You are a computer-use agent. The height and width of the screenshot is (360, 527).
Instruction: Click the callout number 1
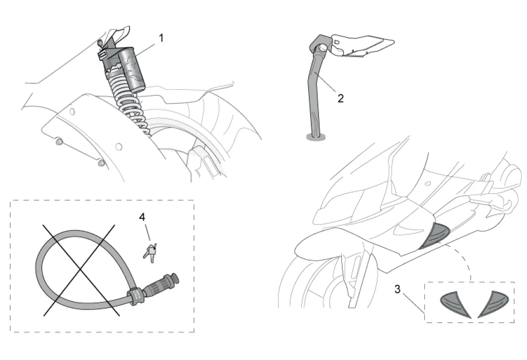(161, 38)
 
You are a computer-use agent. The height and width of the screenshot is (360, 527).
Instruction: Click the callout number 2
(341, 98)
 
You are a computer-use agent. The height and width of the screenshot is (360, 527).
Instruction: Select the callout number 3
(398, 289)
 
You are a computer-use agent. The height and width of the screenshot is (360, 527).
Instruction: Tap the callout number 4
(142, 217)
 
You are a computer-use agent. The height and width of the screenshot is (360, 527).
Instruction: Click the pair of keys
(150, 252)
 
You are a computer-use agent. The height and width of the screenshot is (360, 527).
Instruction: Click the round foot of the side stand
(315, 136)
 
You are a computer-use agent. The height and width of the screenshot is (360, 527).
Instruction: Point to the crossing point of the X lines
(80, 269)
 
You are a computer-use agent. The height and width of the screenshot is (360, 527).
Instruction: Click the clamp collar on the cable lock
(135, 296)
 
